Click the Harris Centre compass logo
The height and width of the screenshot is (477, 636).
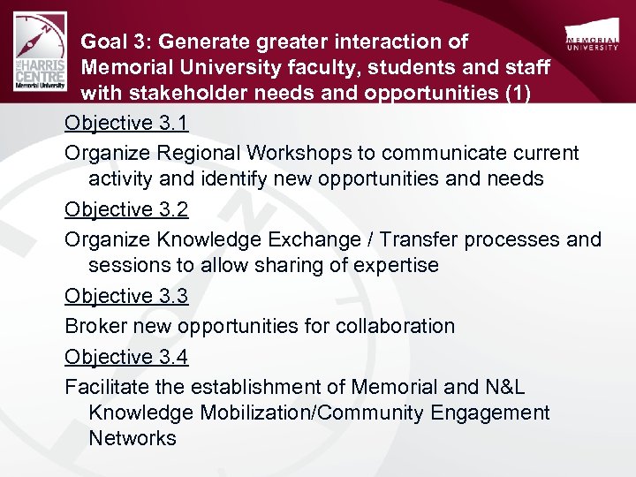[40, 53]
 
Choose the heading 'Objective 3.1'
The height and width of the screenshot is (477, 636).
[126, 123]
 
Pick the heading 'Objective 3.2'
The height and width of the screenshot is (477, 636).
[126, 209]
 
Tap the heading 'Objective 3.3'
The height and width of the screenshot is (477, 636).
[126, 296]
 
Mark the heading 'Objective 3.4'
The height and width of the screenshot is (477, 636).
[126, 357]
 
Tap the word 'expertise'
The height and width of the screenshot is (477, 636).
[396, 265]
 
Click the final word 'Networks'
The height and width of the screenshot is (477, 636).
[132, 438]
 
